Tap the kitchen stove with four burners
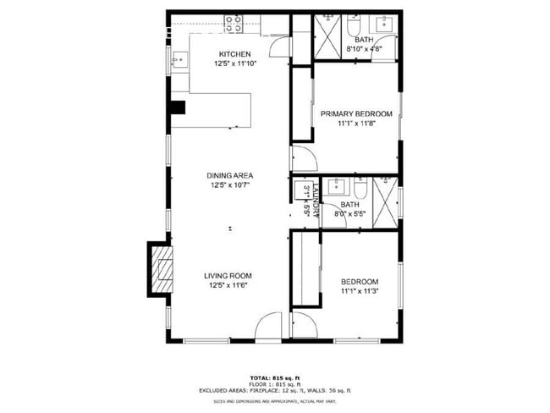[x=234, y=25]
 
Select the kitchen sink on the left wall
[x=179, y=60]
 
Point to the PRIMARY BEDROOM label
[x=355, y=114]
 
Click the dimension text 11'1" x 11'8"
[x=355, y=124]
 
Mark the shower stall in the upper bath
[x=326, y=33]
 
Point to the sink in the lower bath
[x=333, y=188]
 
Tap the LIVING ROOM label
[x=228, y=275]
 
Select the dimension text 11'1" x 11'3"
[x=359, y=291]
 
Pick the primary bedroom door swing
[x=302, y=158]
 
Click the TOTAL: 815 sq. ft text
[x=274, y=377]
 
